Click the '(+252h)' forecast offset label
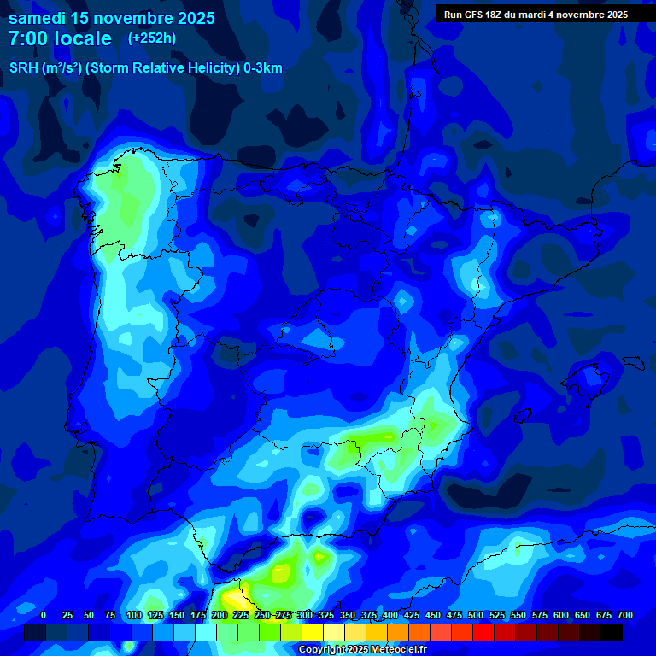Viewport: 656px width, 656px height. coord(152,38)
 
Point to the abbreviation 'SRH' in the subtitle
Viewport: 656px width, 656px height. coord(24,68)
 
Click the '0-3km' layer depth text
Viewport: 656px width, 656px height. coord(263,68)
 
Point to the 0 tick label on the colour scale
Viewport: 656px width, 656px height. coord(44,616)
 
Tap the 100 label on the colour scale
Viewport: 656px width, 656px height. coord(134,616)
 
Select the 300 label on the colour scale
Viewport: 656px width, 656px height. coord(305,616)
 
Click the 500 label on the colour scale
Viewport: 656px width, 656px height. coord(476,616)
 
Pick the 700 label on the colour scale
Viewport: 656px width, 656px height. coord(624,616)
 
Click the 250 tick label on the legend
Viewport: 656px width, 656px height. coord(262,616)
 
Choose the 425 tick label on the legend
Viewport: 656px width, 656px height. coord(412,616)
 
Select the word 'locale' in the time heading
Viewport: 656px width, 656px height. coord(83,38)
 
